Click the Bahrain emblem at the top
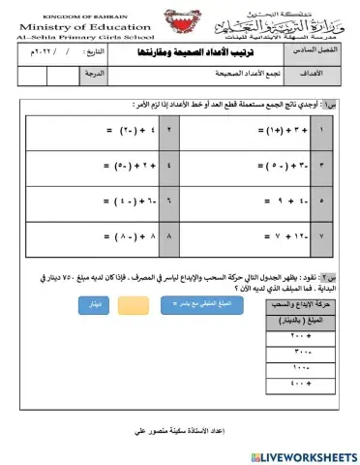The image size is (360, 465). click(181, 23)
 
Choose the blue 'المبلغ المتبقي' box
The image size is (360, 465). click(231, 305)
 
